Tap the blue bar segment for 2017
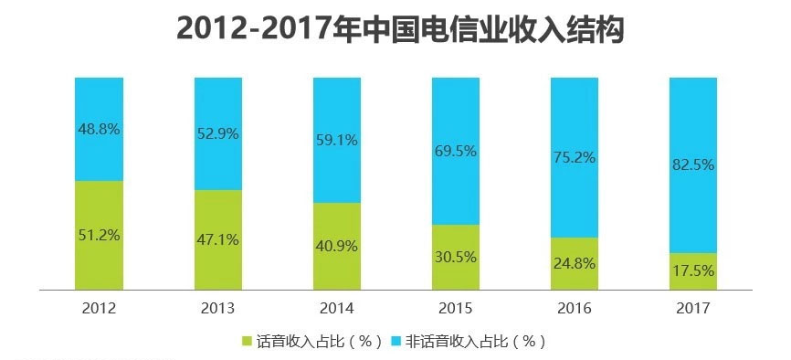coord(692,119)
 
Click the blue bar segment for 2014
coord(336,110)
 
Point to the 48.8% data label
coord(99,129)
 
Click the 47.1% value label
coord(217,240)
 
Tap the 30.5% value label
coord(455,257)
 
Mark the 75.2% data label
coord(574,157)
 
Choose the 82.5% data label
coord(692,165)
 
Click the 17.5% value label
coord(692,272)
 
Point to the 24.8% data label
coord(574,264)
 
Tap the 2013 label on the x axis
coord(217,308)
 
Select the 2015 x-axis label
coord(455,308)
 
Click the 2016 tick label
coord(574,308)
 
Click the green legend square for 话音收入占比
coord(247,342)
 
